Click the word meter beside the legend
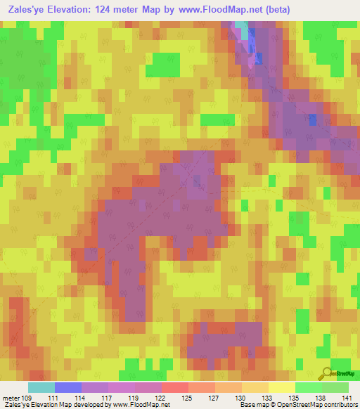pyautogui.click(x=11, y=397)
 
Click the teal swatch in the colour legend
pyautogui.click(x=41, y=387)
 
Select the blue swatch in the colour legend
pyautogui.click(x=68, y=387)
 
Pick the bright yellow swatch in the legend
pyautogui.click(x=282, y=387)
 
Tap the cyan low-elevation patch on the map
pyautogui.click(x=242, y=29)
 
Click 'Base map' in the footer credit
pyautogui.click(x=252, y=405)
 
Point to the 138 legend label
pyautogui.click(x=322, y=397)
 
